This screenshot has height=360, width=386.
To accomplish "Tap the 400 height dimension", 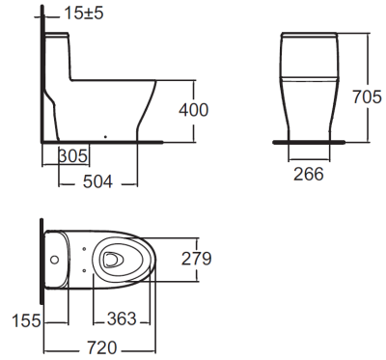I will (194, 110).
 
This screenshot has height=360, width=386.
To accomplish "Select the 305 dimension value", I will (74, 156).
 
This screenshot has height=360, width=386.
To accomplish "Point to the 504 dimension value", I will (96, 180).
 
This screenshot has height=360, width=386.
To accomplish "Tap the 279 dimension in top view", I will (196, 258).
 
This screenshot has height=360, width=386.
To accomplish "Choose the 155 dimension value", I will (27, 320).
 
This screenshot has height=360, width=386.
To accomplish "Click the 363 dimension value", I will (120, 320).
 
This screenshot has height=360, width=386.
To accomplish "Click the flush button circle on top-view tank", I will (55, 259).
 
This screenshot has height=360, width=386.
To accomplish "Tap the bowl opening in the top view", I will (112, 259).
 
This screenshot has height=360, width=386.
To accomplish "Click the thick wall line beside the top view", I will (41, 261).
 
